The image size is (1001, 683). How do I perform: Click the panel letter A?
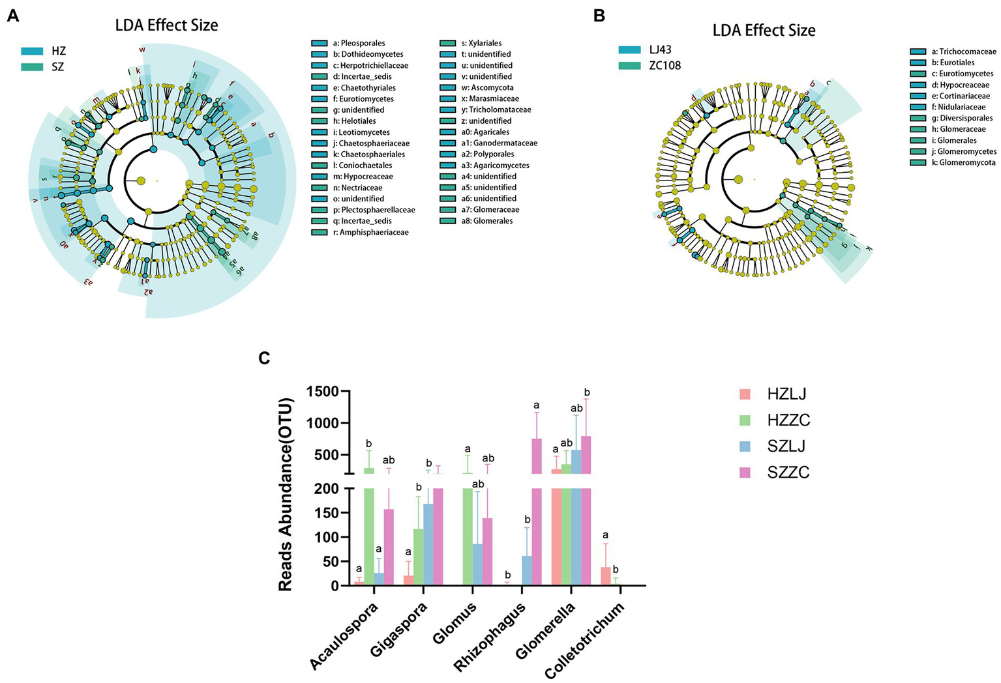point(12,16)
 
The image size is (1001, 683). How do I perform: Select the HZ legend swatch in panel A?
point(32,51)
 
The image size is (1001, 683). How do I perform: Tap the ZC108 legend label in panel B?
point(665,65)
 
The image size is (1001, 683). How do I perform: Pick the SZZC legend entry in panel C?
point(788,472)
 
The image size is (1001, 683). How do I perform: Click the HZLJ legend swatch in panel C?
point(745,394)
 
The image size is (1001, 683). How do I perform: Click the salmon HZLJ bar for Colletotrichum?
point(606,576)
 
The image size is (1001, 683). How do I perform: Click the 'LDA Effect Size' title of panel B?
point(764,30)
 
